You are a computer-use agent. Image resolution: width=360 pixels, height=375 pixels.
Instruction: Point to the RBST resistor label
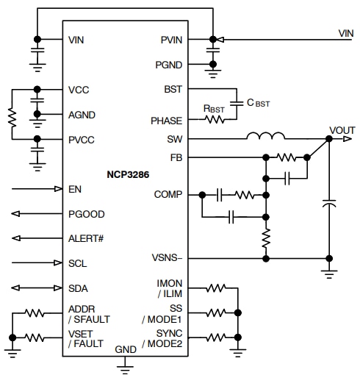pyautogui.click(x=213, y=107)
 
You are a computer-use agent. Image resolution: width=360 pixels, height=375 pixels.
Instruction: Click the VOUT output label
pyautogui.click(x=342, y=129)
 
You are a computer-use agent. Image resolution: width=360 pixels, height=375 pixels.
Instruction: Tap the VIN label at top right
pyautogui.click(x=345, y=32)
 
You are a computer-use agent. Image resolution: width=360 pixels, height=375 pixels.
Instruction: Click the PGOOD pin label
pyautogui.click(x=86, y=215)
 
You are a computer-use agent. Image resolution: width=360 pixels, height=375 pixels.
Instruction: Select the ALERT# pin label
pyautogui.click(x=87, y=238)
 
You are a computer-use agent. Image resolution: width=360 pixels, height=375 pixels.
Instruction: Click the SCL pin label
pyautogui.click(x=77, y=262)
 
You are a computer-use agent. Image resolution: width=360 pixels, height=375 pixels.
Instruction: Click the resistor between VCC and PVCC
pyautogui.click(x=12, y=115)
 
